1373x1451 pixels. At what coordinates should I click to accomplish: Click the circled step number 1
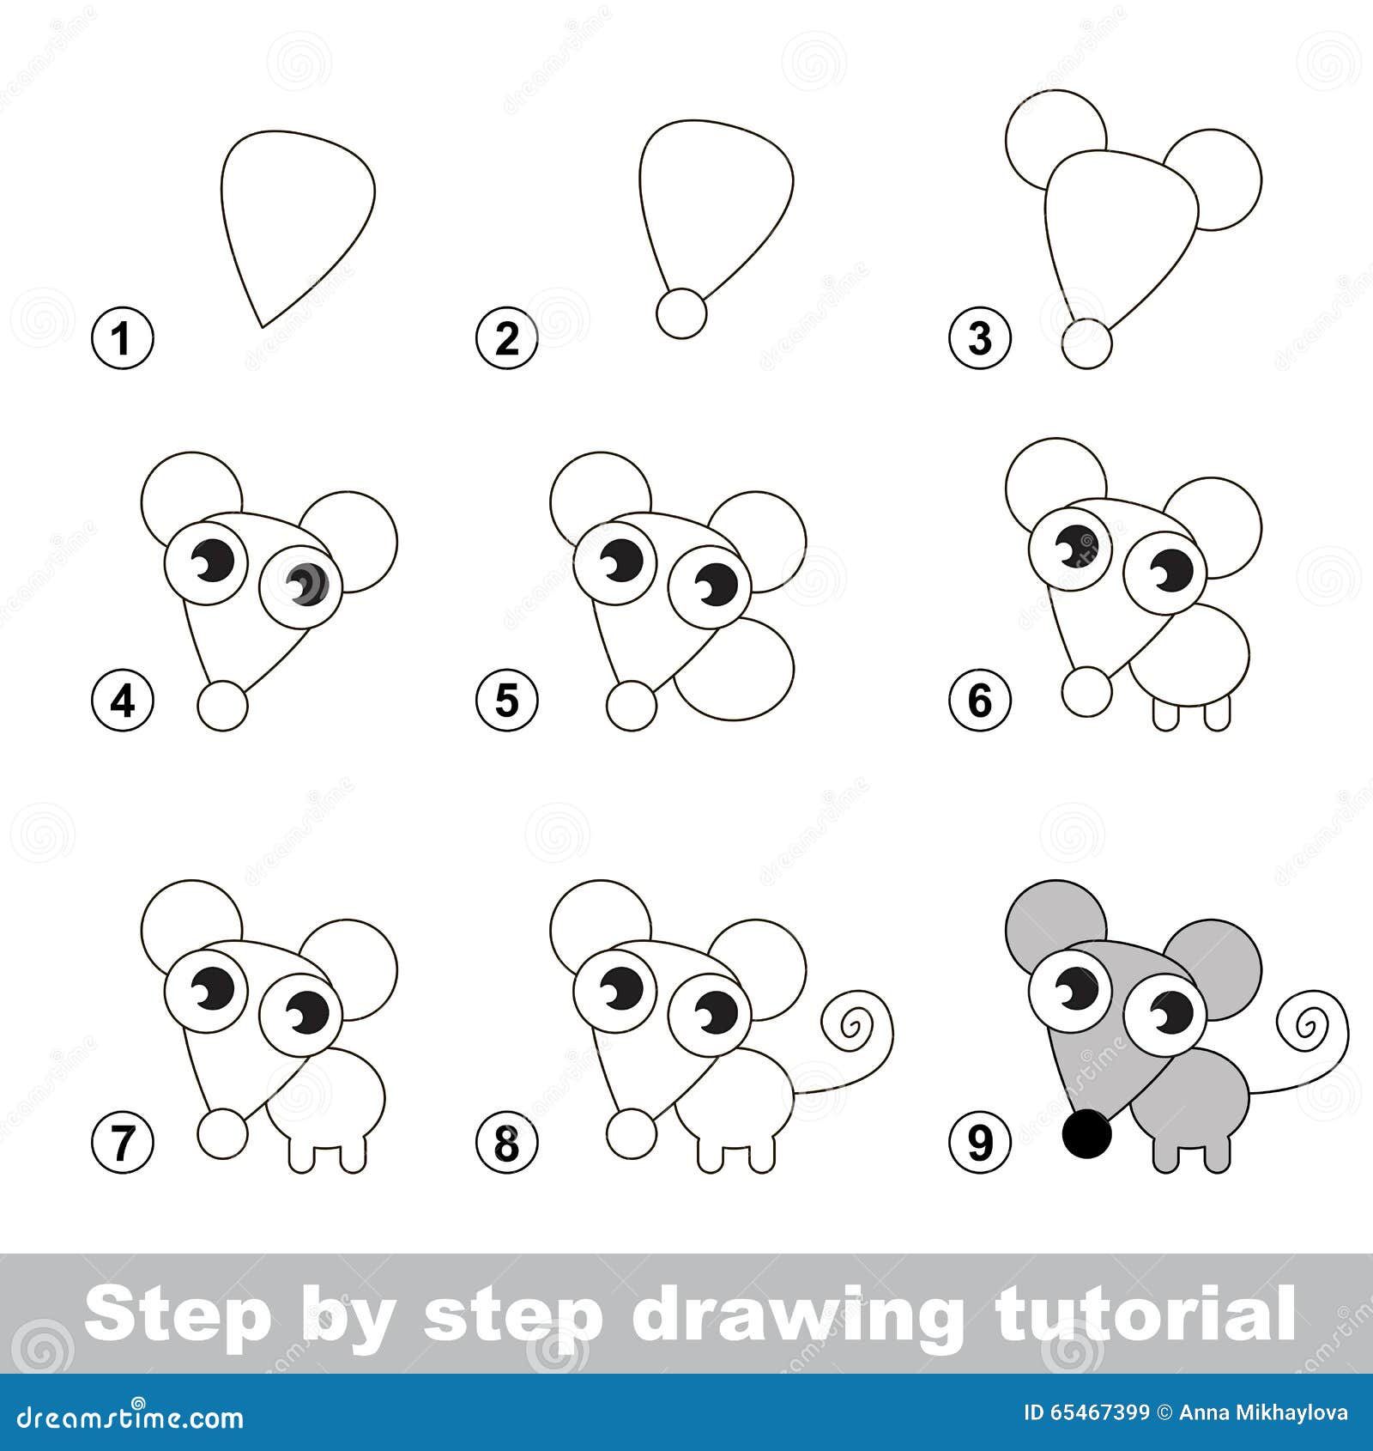[x=122, y=337]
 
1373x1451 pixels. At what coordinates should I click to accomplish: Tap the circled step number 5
[x=506, y=700]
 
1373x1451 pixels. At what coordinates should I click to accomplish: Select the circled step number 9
[x=979, y=1142]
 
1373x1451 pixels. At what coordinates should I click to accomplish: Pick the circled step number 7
[x=122, y=1142]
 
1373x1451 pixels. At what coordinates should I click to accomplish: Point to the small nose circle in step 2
[x=681, y=313]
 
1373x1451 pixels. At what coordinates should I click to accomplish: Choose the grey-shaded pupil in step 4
[x=307, y=585]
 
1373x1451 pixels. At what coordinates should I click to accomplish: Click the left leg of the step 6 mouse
[x=1165, y=714]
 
